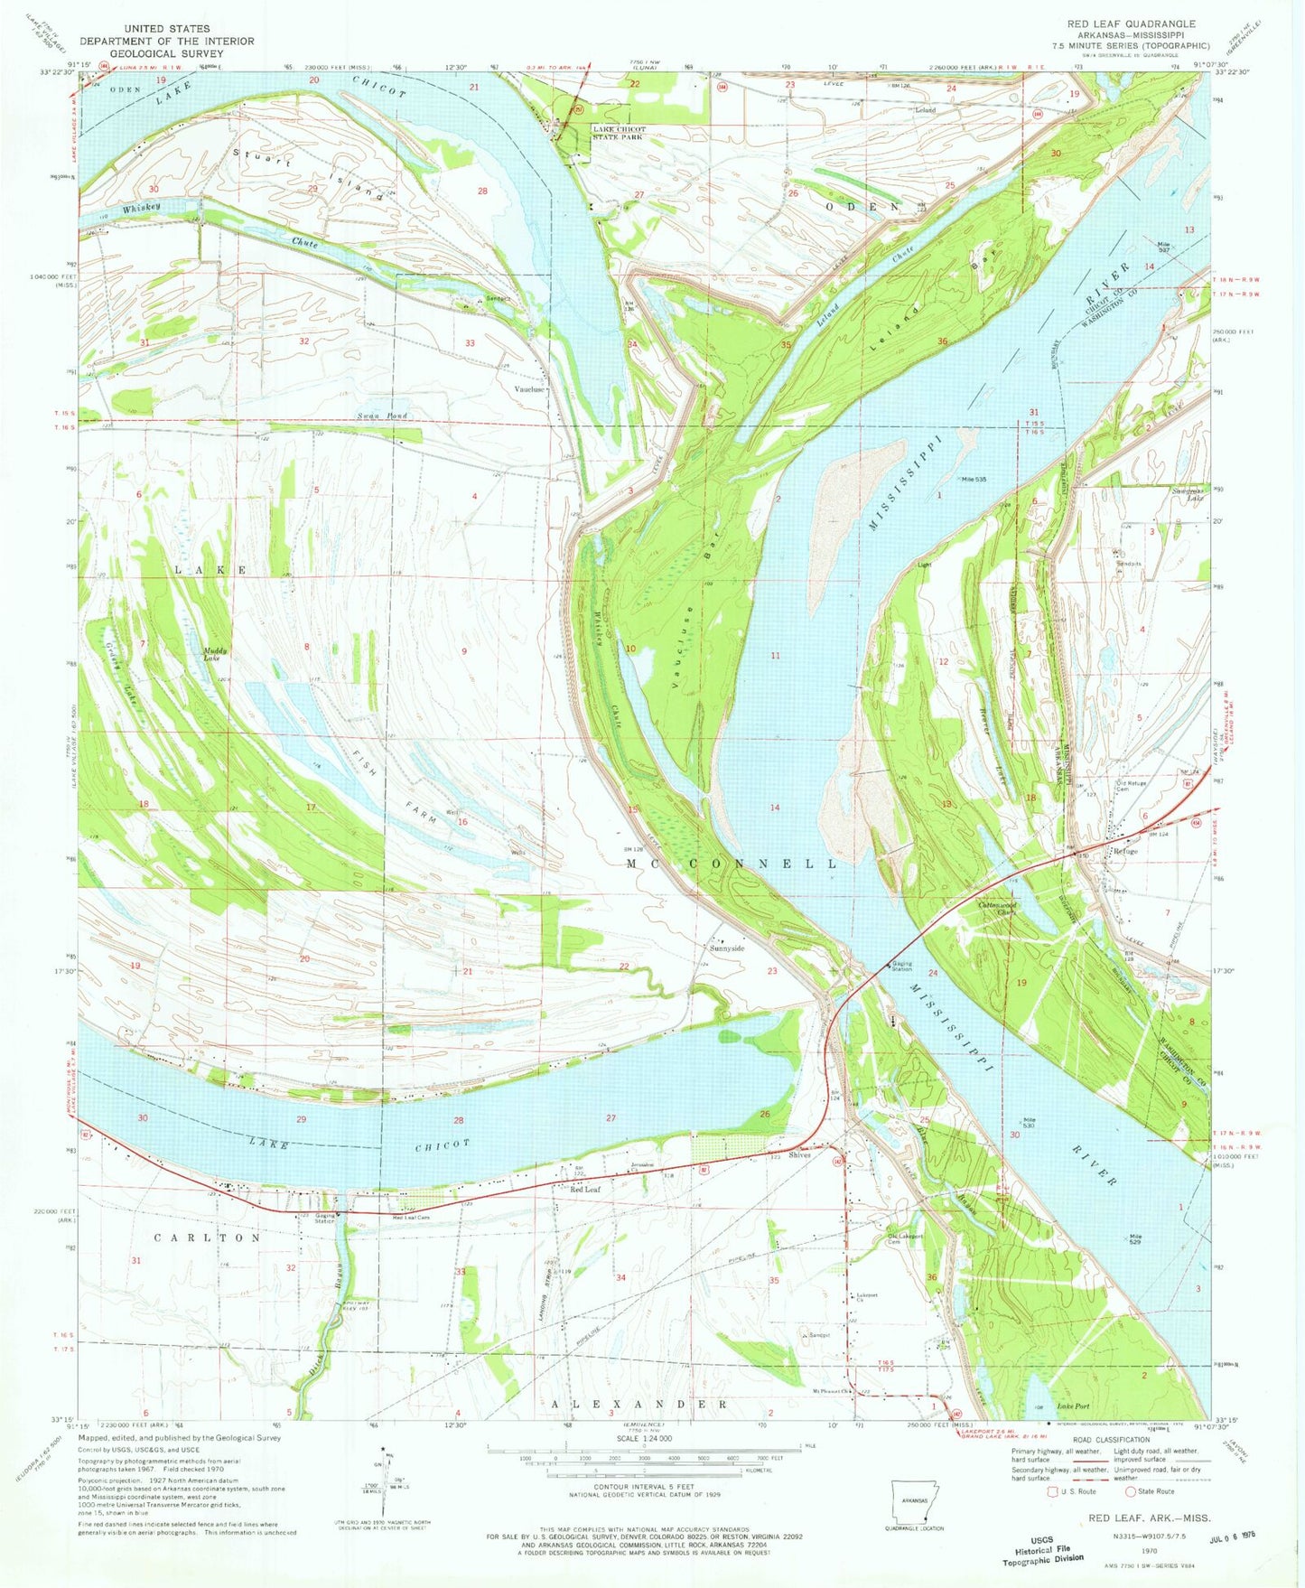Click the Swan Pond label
(x=381, y=416)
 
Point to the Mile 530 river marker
(x=1028, y=1122)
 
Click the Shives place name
(x=799, y=1154)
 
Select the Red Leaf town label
(x=585, y=1190)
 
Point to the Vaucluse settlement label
(x=529, y=389)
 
